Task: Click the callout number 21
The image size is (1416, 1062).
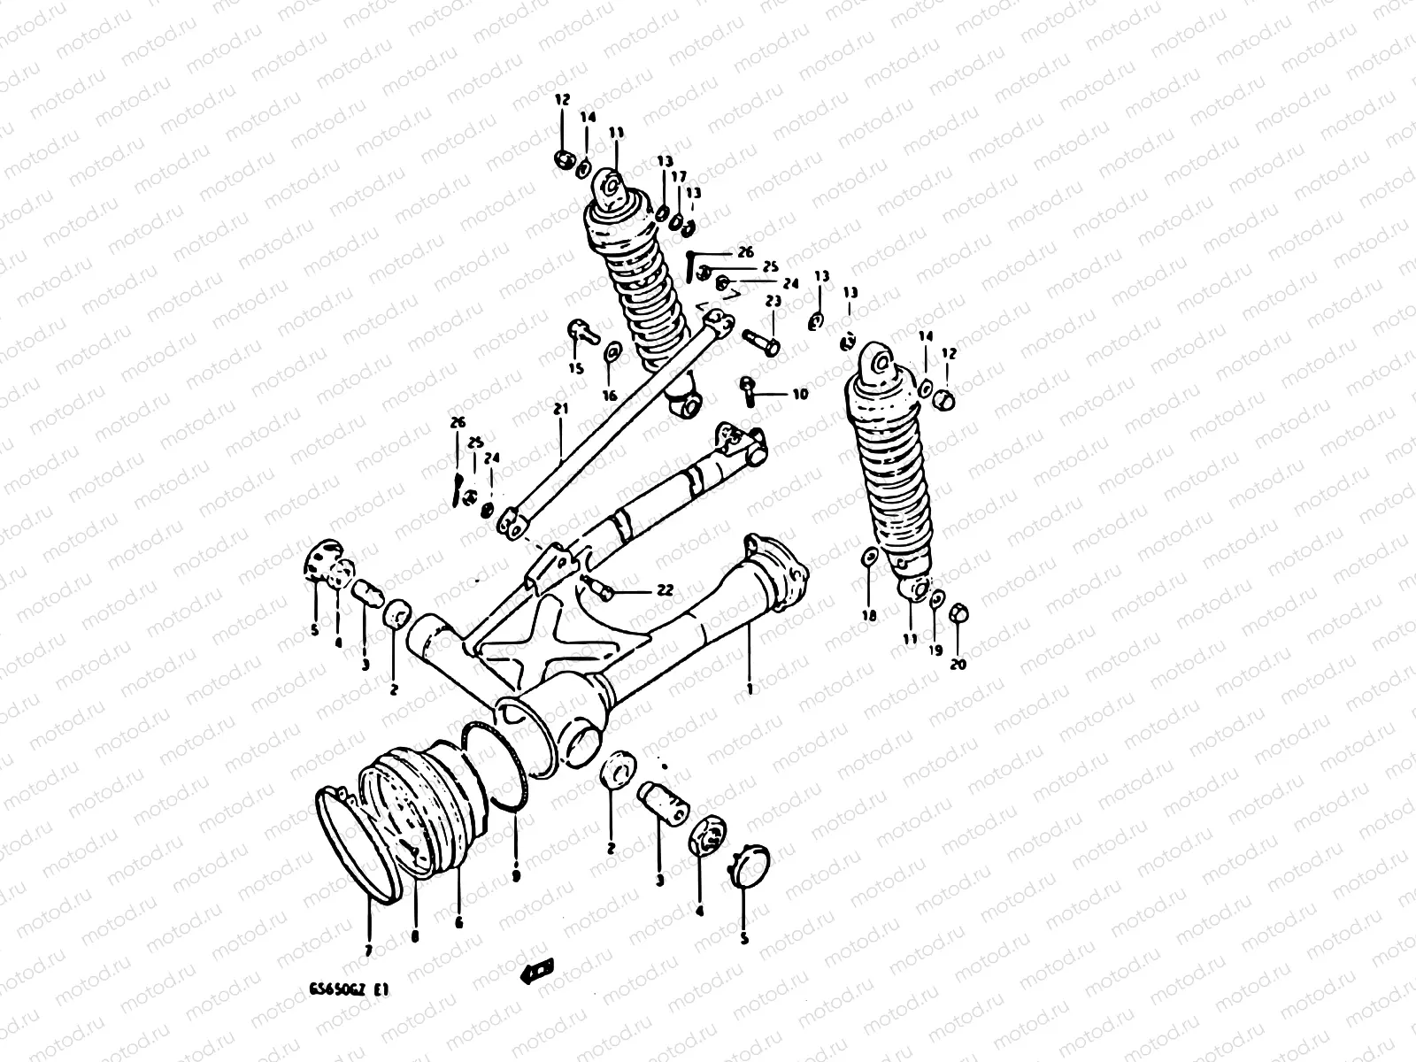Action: pyautogui.click(x=559, y=409)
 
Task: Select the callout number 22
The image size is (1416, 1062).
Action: pyautogui.click(x=664, y=591)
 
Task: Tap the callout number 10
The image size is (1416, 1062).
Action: pyautogui.click(x=799, y=395)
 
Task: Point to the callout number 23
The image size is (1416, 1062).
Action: pyautogui.click(x=773, y=302)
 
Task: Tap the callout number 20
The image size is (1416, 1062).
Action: pyautogui.click(x=958, y=664)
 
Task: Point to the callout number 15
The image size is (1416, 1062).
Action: pyautogui.click(x=576, y=369)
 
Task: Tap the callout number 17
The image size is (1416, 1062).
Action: pyautogui.click(x=679, y=177)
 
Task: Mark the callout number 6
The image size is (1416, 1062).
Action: pyautogui.click(x=458, y=921)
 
